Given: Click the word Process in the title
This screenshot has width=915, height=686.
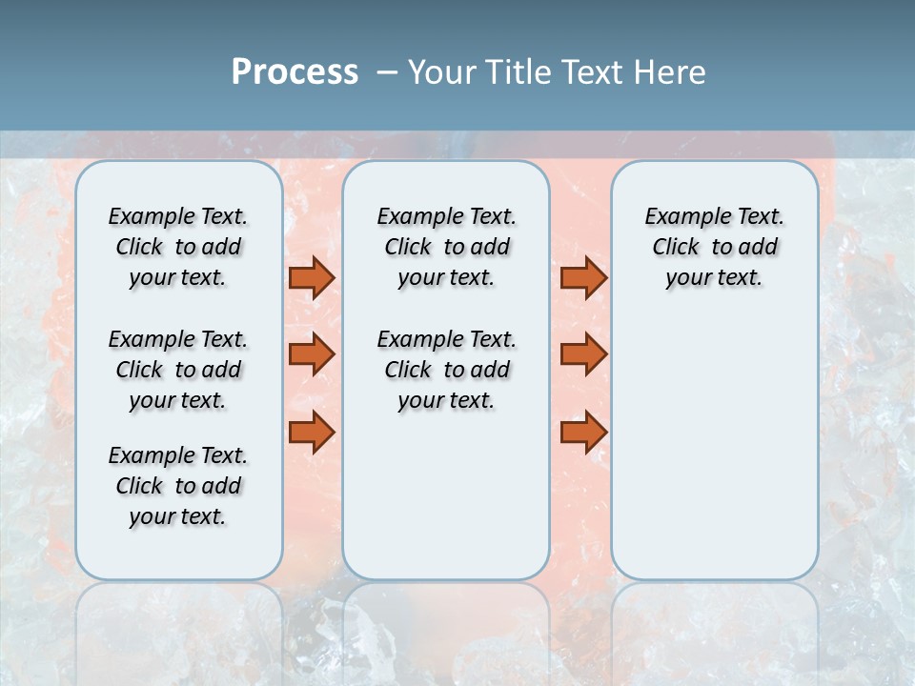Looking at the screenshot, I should pyautogui.click(x=295, y=72).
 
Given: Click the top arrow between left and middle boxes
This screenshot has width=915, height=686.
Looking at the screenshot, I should pyautogui.click(x=312, y=277).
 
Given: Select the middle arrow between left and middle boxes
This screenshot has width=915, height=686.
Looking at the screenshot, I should pyautogui.click(x=312, y=354).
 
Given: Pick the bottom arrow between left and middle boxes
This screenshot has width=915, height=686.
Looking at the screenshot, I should pyautogui.click(x=312, y=433).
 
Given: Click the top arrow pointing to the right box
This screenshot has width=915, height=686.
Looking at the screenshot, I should pyautogui.click(x=583, y=277).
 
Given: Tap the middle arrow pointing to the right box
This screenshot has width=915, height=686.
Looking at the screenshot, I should pyautogui.click(x=583, y=354).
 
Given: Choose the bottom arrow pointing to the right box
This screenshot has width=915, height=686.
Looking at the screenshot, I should pyautogui.click(x=583, y=433).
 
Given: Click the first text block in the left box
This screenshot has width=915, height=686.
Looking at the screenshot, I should pyautogui.click(x=178, y=247).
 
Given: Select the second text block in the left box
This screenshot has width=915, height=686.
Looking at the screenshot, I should pyautogui.click(x=178, y=370).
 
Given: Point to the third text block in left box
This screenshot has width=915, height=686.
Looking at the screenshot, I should pyautogui.click(x=178, y=486).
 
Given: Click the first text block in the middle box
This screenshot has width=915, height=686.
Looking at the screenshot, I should pyautogui.click(x=446, y=247).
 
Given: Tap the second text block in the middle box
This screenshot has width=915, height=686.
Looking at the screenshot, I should pyautogui.click(x=446, y=370).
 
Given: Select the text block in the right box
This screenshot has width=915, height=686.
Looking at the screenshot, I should pyautogui.click(x=714, y=247).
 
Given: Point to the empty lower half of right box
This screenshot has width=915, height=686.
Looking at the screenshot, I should pyautogui.click(x=714, y=457).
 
